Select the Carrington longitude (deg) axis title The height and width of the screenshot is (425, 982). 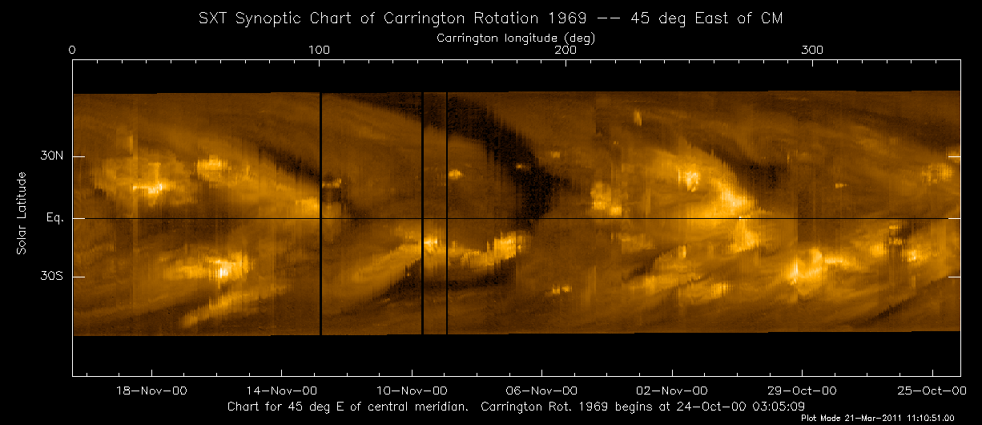pos(516,38)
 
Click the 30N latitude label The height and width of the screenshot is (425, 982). pos(52,157)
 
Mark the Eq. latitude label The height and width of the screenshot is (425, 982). pos(54,218)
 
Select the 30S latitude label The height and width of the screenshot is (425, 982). pos(52,277)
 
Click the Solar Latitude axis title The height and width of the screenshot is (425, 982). pos(22,217)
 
